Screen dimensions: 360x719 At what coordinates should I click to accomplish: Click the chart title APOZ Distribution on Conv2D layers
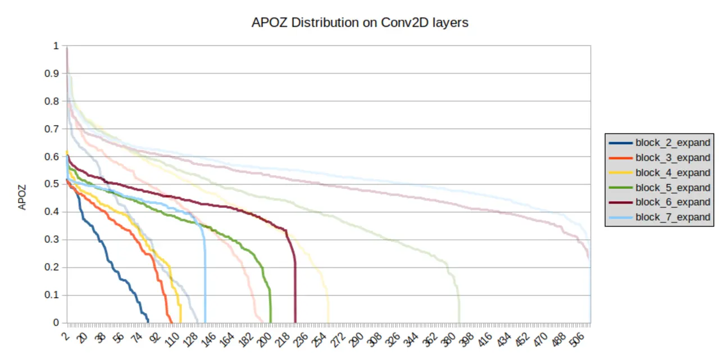[x=359, y=22]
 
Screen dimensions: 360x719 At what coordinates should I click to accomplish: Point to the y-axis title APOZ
[x=22, y=197]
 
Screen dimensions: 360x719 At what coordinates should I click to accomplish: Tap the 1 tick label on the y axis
[x=56, y=45]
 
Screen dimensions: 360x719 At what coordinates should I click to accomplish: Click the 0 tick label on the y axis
[x=56, y=323]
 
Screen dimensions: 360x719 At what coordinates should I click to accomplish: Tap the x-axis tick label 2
[x=66, y=335]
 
